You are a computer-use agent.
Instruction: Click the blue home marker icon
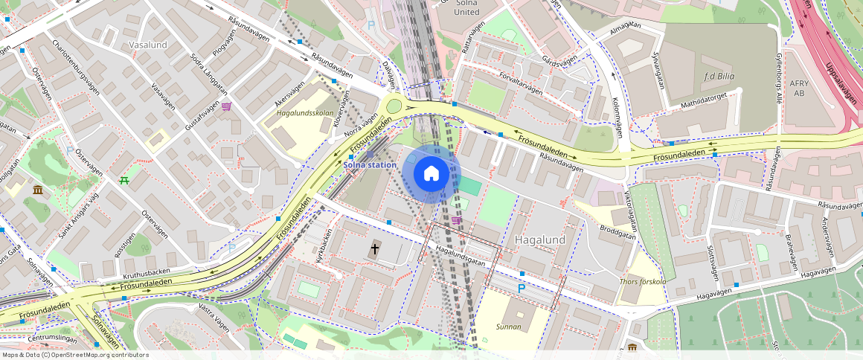(431, 174)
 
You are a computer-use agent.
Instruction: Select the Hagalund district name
(540, 240)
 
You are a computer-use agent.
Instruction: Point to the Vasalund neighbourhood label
(148, 45)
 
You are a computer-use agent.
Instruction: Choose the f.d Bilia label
(719, 76)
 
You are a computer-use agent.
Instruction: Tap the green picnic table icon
(124, 180)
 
